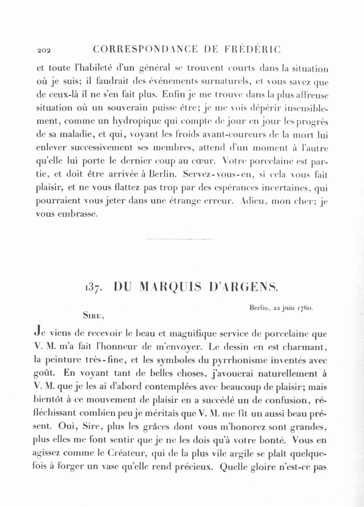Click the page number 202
[43, 51]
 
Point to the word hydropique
[136, 121]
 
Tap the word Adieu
[254, 201]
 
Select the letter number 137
[95, 288]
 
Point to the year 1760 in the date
[304, 308]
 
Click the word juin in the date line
[288, 308]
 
